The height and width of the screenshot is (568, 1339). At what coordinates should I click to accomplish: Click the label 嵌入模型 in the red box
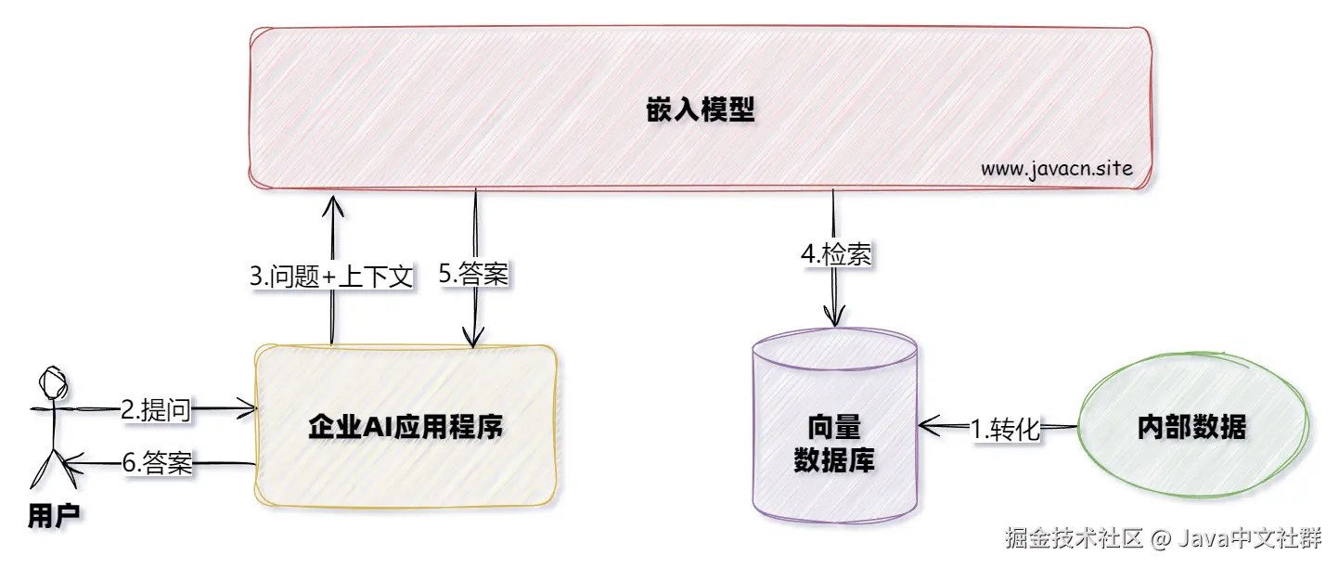700,112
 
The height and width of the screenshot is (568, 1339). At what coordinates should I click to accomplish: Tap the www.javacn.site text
1056,170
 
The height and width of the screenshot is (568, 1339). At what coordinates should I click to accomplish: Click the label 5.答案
474,275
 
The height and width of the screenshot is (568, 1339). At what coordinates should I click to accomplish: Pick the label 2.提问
156,410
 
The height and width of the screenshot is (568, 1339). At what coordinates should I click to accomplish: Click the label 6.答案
156,464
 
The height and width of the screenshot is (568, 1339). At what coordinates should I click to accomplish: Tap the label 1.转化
1006,429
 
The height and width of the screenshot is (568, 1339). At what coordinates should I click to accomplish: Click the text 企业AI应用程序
406,429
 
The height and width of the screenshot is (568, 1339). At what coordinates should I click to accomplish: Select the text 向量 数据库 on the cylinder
834,444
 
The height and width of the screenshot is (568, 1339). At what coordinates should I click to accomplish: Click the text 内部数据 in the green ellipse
1191,428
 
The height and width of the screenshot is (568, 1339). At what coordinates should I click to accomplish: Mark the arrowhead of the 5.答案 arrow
475,342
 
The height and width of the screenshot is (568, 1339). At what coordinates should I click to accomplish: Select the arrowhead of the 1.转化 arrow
925,427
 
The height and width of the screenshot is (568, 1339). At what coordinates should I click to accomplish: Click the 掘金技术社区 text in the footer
1073,539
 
